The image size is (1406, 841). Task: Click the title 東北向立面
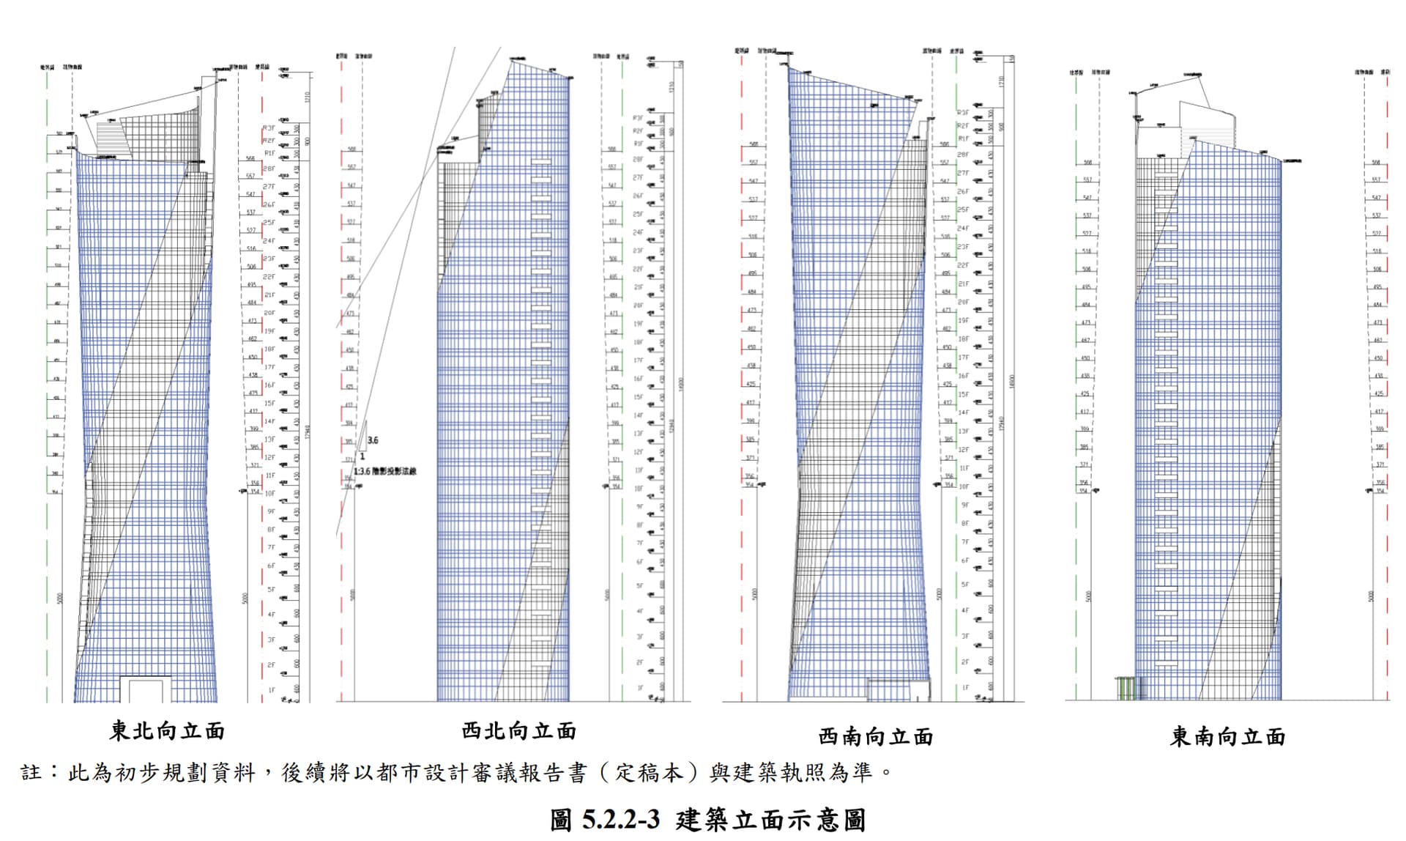[167, 730]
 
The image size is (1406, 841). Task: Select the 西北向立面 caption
[518, 730]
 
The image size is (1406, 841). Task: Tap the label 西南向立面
[875, 736]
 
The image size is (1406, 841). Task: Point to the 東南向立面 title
[1227, 736]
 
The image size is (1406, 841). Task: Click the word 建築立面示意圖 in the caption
[770, 819]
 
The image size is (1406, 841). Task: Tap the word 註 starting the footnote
[31, 772]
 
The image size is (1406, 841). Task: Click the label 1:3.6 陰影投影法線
[385, 471]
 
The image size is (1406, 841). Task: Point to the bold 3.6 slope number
[373, 440]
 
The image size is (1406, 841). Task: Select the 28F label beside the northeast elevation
[269, 168]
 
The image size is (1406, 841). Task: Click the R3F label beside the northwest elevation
[638, 117]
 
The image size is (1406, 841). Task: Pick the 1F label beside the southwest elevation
[964, 688]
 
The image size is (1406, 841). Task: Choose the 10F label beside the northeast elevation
[269, 493]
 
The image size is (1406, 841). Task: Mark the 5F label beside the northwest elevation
[639, 586]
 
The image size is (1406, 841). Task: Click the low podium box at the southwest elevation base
[899, 689]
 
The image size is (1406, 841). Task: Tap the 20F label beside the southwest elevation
[963, 302]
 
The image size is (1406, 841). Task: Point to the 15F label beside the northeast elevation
[269, 403]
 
